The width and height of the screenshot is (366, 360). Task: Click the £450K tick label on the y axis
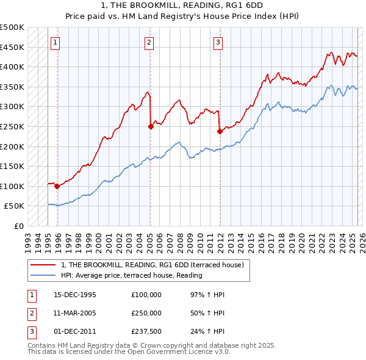12,47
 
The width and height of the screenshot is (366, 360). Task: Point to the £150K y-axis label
12,166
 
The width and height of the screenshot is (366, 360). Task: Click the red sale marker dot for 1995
57,186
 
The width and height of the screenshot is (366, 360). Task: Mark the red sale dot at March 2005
150,127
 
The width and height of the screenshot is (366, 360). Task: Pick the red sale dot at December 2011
219,131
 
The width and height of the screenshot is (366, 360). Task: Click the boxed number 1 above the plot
56,42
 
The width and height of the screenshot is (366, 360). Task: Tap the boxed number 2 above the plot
149,42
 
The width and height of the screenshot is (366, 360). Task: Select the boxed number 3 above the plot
218,42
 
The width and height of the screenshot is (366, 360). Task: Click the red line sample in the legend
43,265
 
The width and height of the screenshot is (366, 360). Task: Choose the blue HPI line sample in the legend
43,276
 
